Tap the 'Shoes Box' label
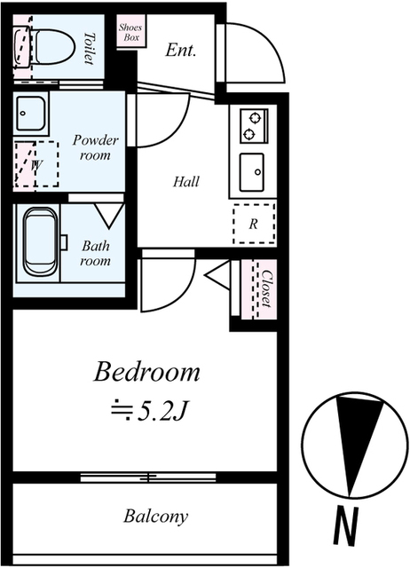130,32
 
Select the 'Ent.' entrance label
181,50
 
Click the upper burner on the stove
256,117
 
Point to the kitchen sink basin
252,172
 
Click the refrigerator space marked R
254,224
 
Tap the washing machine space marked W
36,164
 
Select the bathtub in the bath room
40,242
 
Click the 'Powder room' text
95,148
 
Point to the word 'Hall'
186,181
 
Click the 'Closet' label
266,288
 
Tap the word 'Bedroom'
146,372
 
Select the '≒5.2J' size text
148,412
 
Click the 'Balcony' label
155,517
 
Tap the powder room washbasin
31,113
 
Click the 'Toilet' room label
90,49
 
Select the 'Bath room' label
95,253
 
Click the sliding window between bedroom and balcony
148,477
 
